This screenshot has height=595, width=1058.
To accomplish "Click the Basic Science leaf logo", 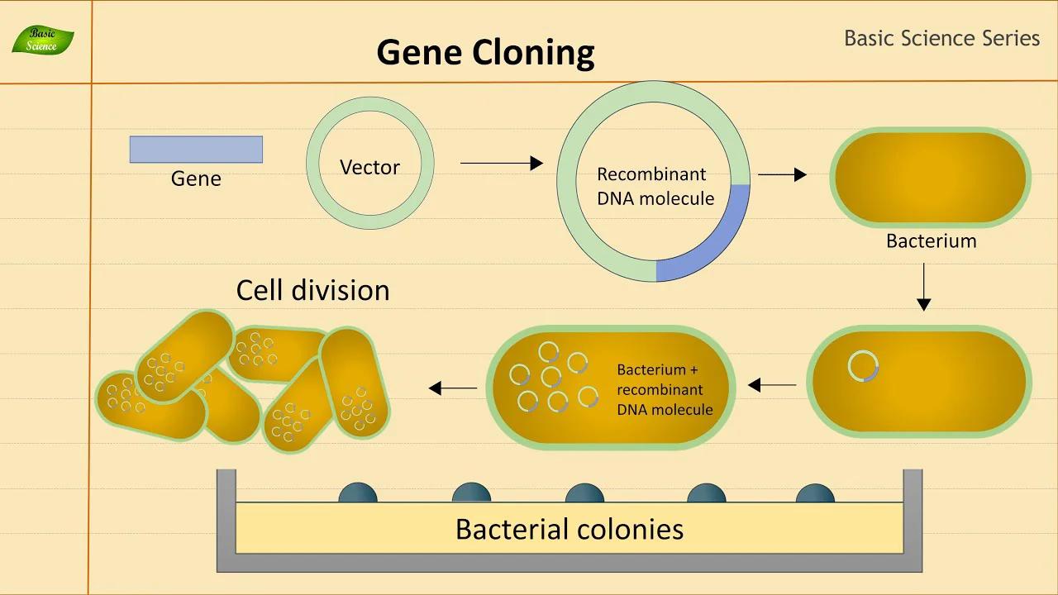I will (43, 40).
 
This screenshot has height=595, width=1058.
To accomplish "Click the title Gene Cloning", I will (485, 52).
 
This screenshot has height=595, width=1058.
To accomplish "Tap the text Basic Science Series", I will (941, 38).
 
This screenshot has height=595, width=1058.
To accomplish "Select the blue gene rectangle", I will (196, 150).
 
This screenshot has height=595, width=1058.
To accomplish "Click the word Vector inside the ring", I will (369, 167).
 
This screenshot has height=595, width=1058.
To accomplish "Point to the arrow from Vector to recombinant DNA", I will (501, 164).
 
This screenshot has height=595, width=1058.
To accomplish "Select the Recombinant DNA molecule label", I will (655, 187).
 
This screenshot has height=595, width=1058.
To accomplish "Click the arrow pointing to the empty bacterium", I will (781, 174).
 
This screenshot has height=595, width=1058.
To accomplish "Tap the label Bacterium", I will (931, 240).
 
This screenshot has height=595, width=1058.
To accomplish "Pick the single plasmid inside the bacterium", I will (864, 366).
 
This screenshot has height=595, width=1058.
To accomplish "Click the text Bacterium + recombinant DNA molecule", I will (665, 389).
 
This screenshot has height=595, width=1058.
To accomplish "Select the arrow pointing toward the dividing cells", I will (453, 388).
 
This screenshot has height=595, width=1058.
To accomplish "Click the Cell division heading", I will (312, 290).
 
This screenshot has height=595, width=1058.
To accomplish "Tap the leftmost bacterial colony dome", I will (358, 493).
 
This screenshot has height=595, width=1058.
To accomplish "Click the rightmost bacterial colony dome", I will (815, 493).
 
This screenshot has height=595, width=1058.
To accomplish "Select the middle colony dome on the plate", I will (584, 493).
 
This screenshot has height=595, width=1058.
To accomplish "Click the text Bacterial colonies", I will (569, 529).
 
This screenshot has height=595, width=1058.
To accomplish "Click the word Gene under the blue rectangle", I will (196, 178).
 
